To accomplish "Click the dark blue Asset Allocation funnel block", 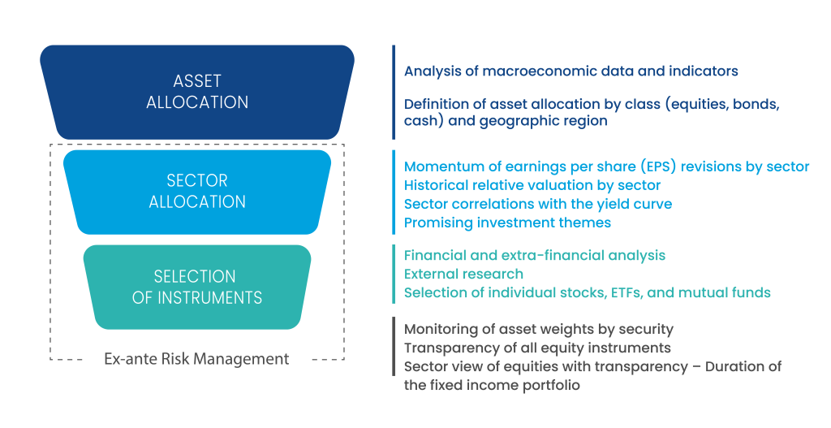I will pos(197,91).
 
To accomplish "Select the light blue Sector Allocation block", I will pos(197,191).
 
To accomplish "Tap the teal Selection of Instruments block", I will pos(197,287).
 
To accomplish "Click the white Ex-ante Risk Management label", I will pos(196,359).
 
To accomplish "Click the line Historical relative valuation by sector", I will pos(532,185).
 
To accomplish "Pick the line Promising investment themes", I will pos(507,222).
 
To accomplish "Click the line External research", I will pos(463,274).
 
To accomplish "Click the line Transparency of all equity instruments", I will pos(537,348).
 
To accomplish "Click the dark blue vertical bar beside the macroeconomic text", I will pos(394,91).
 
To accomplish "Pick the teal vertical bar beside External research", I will pos(394,274).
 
